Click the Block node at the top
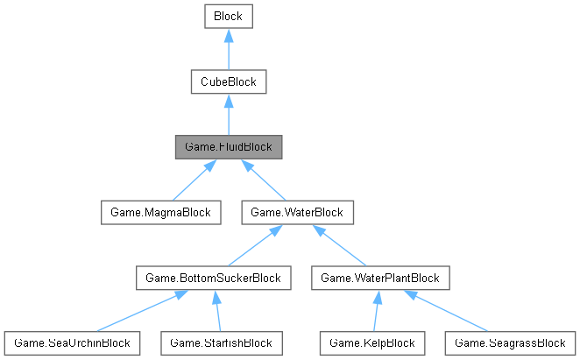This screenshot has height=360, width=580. tap(228, 16)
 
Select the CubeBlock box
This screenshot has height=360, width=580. tap(228, 82)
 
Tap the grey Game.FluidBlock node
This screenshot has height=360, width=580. tap(228, 147)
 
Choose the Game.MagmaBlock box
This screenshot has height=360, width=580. tap(159, 212)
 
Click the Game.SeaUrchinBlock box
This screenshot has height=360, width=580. tap(71, 342)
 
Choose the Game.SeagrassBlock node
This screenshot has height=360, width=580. tap(510, 342)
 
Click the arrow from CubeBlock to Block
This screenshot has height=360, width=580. tap(228, 49)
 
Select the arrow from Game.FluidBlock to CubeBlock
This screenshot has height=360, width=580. tap(228, 115)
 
